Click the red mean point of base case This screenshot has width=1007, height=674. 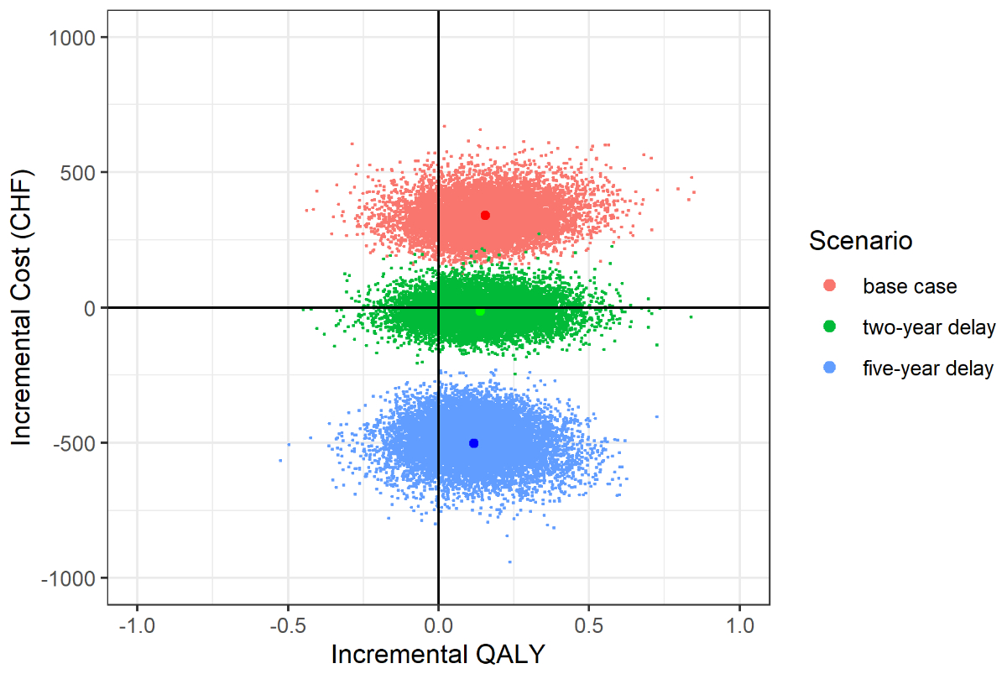click(x=485, y=216)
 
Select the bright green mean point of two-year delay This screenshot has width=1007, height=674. click(x=480, y=311)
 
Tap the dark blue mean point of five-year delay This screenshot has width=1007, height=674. click(x=473, y=443)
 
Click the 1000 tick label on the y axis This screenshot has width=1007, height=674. click(x=76, y=38)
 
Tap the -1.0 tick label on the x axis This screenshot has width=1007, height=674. click(x=137, y=626)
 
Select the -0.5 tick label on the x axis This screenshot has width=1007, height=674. click(x=288, y=626)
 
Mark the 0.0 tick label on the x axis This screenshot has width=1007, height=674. click(x=438, y=626)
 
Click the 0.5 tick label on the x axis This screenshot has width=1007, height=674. click(x=589, y=626)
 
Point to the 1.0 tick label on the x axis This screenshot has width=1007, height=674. click(x=739, y=626)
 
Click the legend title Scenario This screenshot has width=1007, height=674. click(x=860, y=242)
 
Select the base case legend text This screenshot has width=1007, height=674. click(x=910, y=286)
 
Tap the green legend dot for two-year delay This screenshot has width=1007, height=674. click(x=830, y=327)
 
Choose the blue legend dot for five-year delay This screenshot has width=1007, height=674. click(x=830, y=368)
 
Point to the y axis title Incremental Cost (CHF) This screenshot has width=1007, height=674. click(x=23, y=307)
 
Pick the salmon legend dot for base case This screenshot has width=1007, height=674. click(x=830, y=286)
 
